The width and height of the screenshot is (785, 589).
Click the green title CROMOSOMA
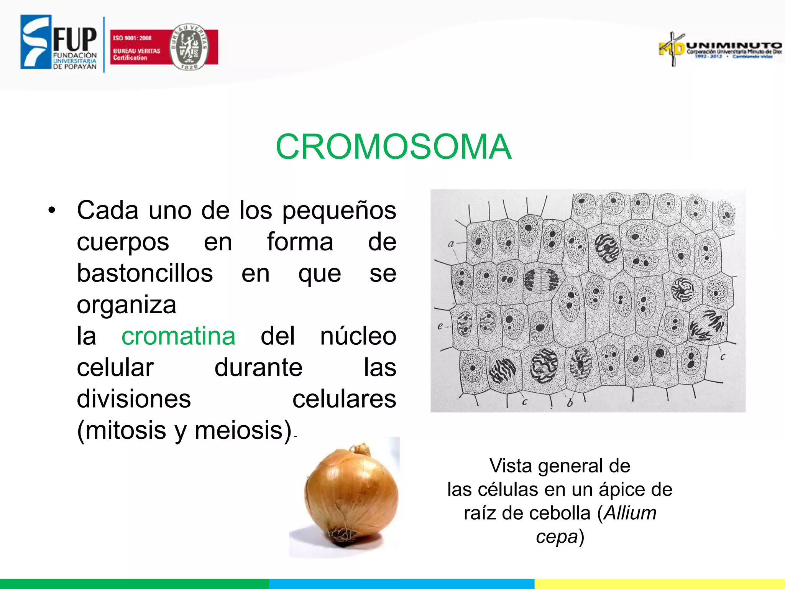tap(393, 146)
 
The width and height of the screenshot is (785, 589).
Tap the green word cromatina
tap(178, 336)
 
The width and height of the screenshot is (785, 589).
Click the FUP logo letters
tap(75, 39)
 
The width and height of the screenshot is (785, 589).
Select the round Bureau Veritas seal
tap(189, 47)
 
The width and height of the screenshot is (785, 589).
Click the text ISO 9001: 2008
tap(132, 38)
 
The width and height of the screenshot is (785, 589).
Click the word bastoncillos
tap(145, 273)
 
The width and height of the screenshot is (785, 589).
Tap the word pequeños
tap(339, 210)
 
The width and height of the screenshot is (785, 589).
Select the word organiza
tap(126, 304)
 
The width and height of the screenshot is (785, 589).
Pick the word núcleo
tap(358, 336)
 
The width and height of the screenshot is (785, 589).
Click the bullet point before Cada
tap(52, 210)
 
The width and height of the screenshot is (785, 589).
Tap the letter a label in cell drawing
tap(451, 243)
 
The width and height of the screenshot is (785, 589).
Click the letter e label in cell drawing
tap(440, 326)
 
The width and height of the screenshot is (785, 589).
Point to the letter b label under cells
tap(570, 403)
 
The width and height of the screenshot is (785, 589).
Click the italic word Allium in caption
tap(630, 513)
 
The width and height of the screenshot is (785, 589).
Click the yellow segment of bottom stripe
tap(659, 584)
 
